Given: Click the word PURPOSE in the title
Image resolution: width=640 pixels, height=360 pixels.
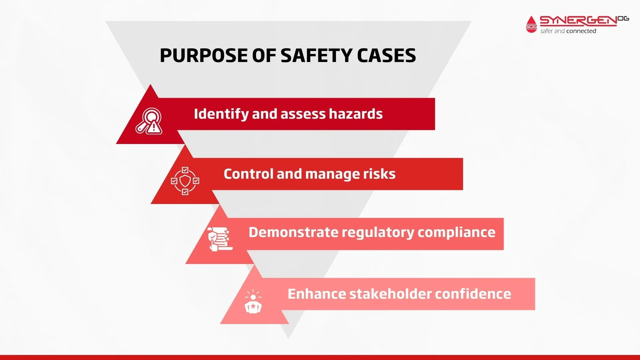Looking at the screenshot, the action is tap(204, 55).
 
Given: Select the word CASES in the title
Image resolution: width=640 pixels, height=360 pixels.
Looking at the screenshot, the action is tap(386, 55).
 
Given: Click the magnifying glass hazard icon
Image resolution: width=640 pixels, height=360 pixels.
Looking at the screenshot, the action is tap(149, 121).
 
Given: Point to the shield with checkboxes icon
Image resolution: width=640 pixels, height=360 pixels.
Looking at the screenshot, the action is tap(185, 181).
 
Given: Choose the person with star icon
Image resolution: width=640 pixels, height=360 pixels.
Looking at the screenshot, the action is tap(253, 301).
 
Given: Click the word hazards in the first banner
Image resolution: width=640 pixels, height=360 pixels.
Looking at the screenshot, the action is tap(356, 114).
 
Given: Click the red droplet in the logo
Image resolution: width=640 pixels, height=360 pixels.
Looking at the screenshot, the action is tap(531, 24).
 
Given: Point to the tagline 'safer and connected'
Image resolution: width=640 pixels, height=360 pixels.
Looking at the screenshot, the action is tap(568, 31).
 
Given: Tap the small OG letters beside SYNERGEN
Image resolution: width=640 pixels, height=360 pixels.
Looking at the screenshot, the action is tap(623, 19).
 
